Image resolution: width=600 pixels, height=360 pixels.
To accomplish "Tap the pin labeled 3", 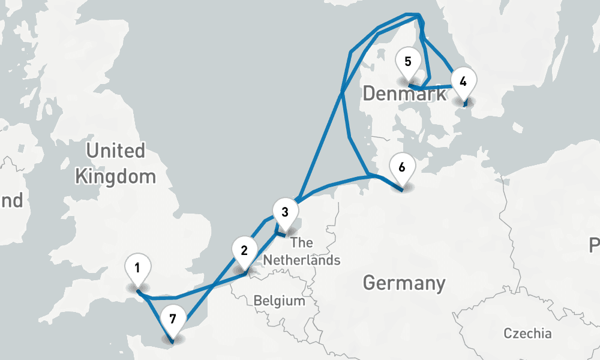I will [285, 212].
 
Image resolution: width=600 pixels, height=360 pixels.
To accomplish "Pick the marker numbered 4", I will [462, 81].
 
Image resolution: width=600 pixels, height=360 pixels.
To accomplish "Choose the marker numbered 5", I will [408, 61].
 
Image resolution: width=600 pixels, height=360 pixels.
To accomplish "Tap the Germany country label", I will [404, 283].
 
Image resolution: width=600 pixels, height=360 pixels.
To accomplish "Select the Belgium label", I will [279, 301].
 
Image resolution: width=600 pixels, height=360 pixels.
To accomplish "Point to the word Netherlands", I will [302, 260].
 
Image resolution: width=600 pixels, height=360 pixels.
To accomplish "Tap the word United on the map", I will [116, 151].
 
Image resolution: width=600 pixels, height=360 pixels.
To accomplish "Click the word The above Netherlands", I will [302, 243].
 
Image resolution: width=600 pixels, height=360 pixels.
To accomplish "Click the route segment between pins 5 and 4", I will [435, 88].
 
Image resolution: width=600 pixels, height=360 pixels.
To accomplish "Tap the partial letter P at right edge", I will [595, 245].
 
